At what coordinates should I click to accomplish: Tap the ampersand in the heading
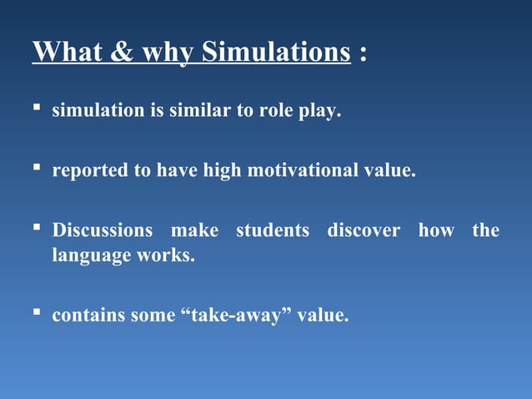point(122,52)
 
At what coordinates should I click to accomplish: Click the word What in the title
point(69,52)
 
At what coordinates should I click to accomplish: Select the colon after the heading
point(362,53)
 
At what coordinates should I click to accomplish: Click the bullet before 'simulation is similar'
point(38,110)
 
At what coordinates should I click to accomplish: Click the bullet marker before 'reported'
point(38,170)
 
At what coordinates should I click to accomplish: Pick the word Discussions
point(103,230)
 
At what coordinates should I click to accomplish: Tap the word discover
point(364,230)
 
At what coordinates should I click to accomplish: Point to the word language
point(87,256)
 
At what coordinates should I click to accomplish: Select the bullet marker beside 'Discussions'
point(38,230)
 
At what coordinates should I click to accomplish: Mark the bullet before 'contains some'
point(38,315)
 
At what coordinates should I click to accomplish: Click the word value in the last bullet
point(323,316)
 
